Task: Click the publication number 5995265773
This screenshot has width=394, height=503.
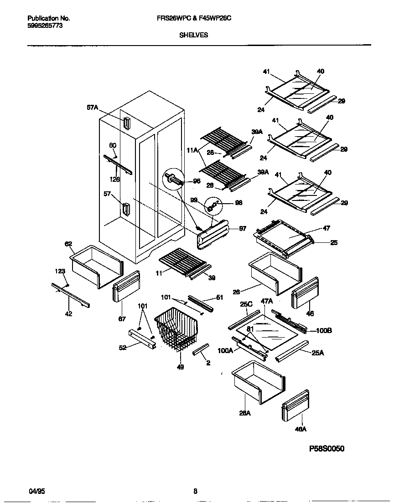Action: tap(45, 26)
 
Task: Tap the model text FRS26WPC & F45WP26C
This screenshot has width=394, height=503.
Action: tap(197, 19)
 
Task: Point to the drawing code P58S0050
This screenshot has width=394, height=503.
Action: tap(327, 448)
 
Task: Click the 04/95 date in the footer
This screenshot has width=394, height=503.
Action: tap(36, 491)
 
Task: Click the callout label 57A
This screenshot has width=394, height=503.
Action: tap(93, 108)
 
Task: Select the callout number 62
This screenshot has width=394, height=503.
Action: tap(68, 244)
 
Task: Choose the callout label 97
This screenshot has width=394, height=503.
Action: tap(243, 229)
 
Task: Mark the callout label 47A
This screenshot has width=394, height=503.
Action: tap(267, 302)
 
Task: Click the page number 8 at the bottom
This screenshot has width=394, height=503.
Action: tap(195, 491)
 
